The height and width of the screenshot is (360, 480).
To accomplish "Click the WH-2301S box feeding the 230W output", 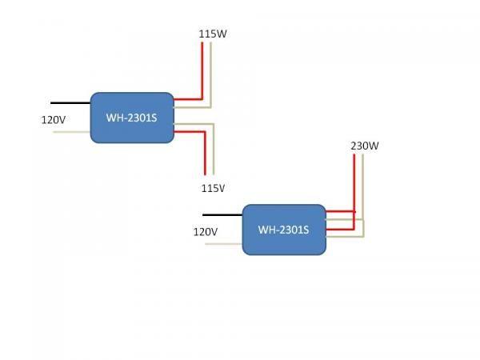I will tap(284, 230).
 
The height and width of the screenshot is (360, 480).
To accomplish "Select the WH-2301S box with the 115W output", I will tap(132, 118).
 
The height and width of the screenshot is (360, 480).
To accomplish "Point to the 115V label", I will tap(212, 188).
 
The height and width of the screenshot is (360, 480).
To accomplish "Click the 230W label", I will tap(364, 146).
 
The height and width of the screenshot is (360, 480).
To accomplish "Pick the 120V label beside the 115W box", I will tap(54, 119).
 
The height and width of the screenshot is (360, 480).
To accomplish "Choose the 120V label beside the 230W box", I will tap(206, 231).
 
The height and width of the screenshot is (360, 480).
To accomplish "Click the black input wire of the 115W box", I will tap(70, 102).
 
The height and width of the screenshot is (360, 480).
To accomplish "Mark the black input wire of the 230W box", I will tap(222, 214).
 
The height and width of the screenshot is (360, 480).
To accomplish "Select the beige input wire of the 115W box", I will tap(72, 131).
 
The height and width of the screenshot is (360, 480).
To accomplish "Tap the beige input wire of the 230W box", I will tap(224, 243).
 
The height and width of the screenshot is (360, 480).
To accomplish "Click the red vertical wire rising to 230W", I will tap(354, 188).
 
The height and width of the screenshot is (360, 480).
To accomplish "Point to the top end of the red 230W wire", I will tap(354, 156).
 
